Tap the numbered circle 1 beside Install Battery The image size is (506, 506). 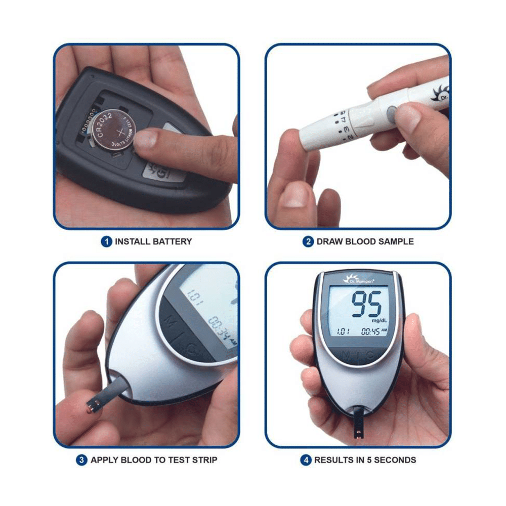coord(106,241)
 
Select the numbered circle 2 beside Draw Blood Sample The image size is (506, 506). coord(308,241)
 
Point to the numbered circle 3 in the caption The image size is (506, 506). coord(81,460)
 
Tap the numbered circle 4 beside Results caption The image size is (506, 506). coord(306,460)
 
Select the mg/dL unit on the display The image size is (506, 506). coord(379,320)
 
